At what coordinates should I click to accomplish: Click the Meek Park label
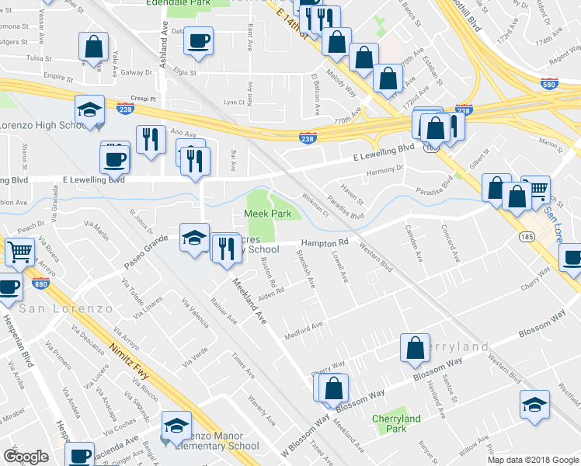[x=267, y=213]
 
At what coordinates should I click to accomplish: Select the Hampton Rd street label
[x=324, y=242]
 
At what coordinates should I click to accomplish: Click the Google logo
[x=26, y=456]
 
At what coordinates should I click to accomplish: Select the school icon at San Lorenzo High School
[x=89, y=110]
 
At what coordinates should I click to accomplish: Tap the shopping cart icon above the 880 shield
[x=19, y=251]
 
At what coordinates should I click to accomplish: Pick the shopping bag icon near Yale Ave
[x=93, y=47]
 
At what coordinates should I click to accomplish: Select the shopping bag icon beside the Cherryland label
[x=415, y=348]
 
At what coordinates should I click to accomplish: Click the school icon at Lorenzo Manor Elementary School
[x=176, y=425]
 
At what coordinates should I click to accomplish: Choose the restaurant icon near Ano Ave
[x=147, y=139]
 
